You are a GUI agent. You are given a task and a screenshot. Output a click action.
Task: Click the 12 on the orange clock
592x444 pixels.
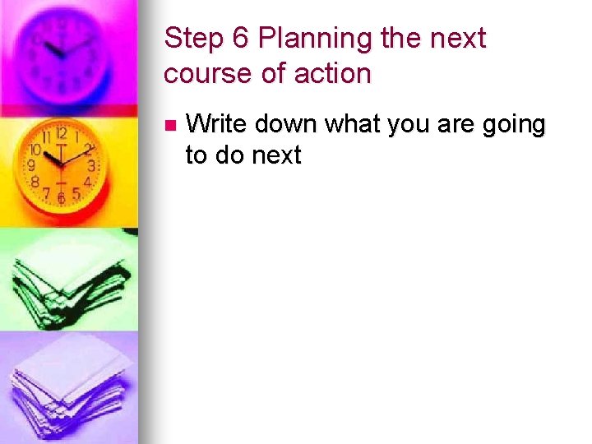coord(62,133)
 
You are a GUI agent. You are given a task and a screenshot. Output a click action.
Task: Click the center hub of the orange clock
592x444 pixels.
coord(60,164)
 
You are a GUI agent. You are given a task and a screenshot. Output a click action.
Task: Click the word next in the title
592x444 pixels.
coord(457,39)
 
